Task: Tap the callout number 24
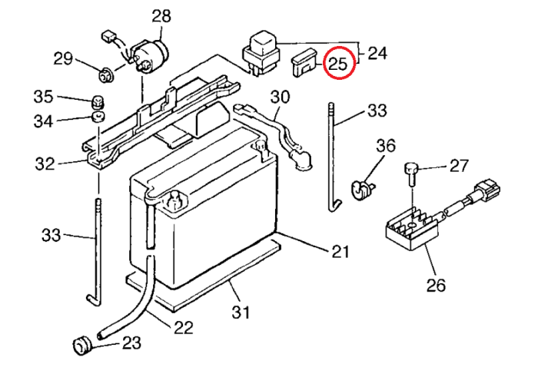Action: pyautogui.click(x=377, y=53)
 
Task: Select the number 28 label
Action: pyautogui.click(x=162, y=15)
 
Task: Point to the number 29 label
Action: pyautogui.click(x=63, y=58)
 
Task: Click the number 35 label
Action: pyautogui.click(x=43, y=97)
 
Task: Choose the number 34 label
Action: pyautogui.click(x=43, y=121)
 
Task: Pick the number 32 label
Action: pyautogui.click(x=45, y=163)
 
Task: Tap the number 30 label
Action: pyautogui.click(x=281, y=97)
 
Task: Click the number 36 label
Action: pyautogui.click(x=385, y=145)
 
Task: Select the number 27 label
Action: pyautogui.click(x=459, y=165)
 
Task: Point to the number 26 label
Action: pyautogui.click(x=435, y=286)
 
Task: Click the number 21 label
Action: pyautogui.click(x=340, y=251)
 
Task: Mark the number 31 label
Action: pyautogui.click(x=242, y=312)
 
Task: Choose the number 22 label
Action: pyautogui.click(x=182, y=327)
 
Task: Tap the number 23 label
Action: pyautogui.click(x=131, y=343)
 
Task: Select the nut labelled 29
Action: pyautogui.click(x=106, y=74)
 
